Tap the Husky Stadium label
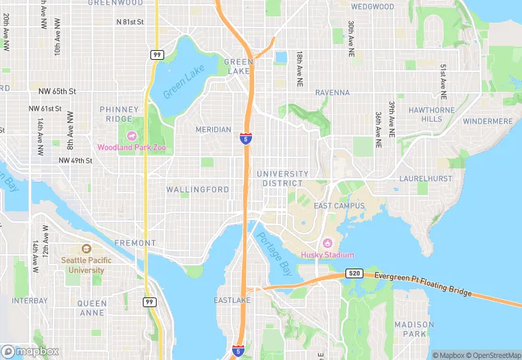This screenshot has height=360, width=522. click(x=328, y=255)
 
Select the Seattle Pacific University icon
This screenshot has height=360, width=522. click(x=87, y=249)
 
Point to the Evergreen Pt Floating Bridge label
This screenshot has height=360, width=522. click(x=424, y=284)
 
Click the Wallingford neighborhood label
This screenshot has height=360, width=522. click(x=198, y=190)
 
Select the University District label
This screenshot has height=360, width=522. click(x=283, y=179)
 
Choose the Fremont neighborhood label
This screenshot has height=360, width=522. click(x=135, y=243)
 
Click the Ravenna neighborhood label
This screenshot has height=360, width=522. click(x=332, y=93)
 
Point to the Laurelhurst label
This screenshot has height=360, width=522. click(x=427, y=179)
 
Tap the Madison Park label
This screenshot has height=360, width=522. click(x=414, y=329)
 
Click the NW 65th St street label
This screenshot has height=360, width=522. click(x=52, y=91)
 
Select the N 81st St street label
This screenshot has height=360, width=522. click(x=130, y=22)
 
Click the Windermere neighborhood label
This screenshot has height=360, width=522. click(x=488, y=122)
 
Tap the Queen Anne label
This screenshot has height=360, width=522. click(x=92, y=308)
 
